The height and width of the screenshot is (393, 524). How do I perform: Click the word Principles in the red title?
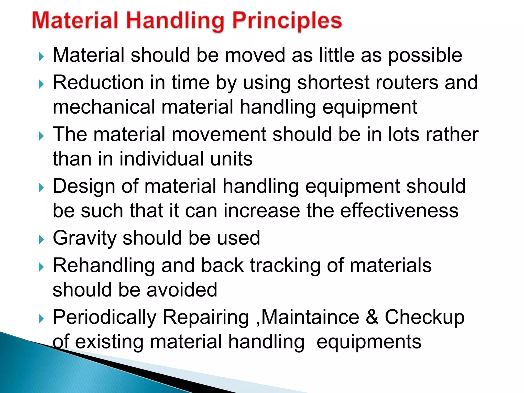point(287,21)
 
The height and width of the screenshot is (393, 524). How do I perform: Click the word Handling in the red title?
point(176,21)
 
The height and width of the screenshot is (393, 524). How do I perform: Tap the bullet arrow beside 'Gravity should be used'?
point(41,240)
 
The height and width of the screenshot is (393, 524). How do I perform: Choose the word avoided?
point(182,290)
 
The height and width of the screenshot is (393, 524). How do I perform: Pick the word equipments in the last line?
point(369,342)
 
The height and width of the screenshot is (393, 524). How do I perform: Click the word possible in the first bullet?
point(425,56)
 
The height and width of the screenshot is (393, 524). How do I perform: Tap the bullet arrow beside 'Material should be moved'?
point(41,57)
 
